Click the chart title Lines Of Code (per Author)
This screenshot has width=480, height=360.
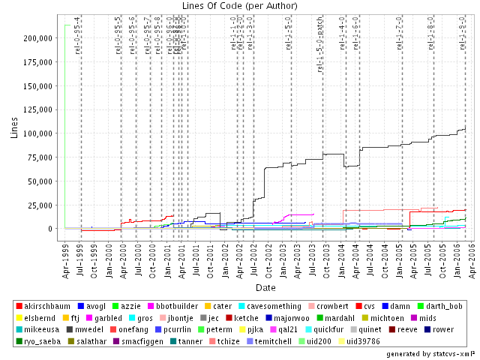(x=240, y=7)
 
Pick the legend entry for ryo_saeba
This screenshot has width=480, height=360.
(x=44, y=340)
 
